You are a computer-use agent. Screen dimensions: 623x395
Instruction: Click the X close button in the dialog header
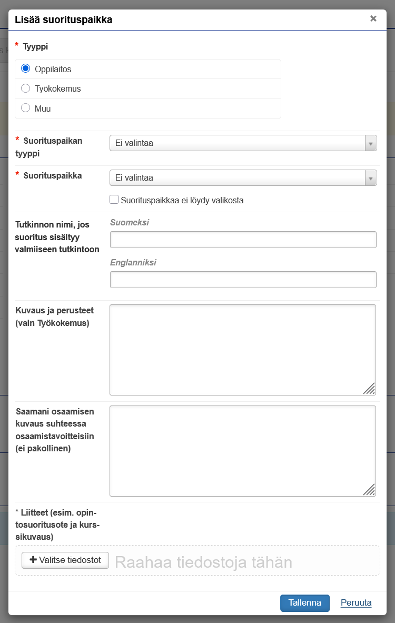pos(373,18)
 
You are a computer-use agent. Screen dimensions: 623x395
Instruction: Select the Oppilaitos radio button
pos(25,68)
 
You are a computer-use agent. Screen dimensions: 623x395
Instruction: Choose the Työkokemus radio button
pos(25,88)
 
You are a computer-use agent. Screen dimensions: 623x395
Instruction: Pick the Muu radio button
pos(25,108)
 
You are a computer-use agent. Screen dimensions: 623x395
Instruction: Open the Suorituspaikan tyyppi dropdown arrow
pos(371,143)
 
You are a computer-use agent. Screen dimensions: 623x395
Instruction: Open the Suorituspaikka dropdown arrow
pos(371,178)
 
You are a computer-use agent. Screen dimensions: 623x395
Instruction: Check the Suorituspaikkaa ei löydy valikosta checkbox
pos(114,200)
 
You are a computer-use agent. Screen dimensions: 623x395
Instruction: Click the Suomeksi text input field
pos(243,240)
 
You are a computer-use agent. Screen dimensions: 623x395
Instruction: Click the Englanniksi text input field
pos(243,280)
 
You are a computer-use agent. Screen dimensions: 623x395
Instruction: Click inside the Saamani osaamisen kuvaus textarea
pos(243,451)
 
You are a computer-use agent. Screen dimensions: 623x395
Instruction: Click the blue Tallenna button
pos(304,603)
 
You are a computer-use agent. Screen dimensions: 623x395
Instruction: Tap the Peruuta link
pos(356,603)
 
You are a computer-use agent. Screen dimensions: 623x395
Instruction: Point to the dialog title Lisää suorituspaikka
pos(63,20)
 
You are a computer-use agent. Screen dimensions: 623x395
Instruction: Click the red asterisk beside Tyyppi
pos(17,46)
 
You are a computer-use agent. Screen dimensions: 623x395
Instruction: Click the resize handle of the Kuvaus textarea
pos(370,389)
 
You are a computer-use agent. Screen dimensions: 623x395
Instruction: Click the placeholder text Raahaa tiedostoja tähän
pos(203,562)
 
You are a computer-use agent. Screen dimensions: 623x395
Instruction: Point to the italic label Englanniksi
pos(133,262)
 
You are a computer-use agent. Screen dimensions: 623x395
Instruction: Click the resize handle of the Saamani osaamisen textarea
pos(370,490)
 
